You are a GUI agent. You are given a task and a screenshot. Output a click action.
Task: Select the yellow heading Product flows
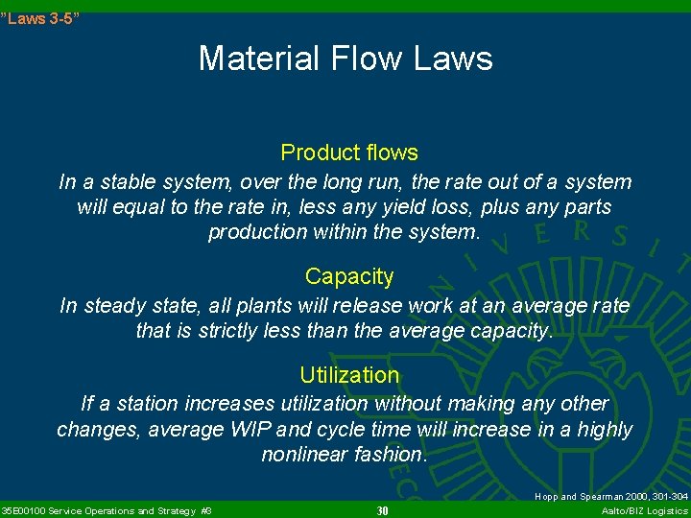[x=348, y=153]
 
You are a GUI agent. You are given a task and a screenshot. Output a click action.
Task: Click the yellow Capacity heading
[x=349, y=276]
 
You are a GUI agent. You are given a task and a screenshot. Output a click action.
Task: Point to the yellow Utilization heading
[x=349, y=375]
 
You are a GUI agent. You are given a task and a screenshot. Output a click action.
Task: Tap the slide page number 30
[x=382, y=510]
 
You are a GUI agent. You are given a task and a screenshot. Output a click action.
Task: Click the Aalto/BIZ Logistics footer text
[x=644, y=510]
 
